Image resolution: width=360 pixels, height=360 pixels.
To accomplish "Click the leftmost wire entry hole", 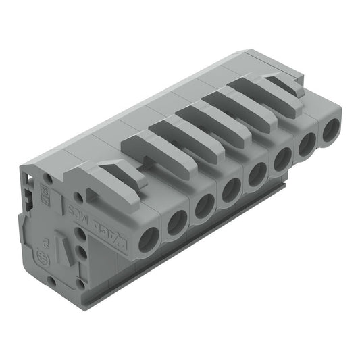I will [x=149, y=238].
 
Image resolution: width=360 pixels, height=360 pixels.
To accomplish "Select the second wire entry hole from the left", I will [x=178, y=221].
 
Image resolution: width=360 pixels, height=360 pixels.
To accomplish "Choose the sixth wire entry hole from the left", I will [x=283, y=158].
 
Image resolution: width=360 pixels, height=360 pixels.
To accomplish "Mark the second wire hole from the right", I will [x=307, y=143].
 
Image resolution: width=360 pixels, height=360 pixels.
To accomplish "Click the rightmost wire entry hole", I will [x=331, y=130].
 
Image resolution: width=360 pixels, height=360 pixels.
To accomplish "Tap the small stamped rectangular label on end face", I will [x=57, y=198].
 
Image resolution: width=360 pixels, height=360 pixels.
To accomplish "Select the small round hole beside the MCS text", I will [x=79, y=198].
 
